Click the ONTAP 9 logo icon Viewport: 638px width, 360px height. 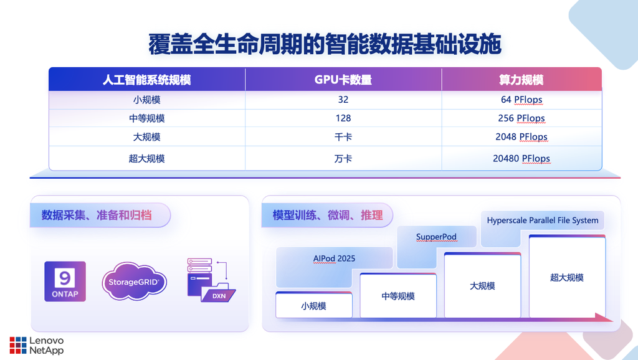(65, 282)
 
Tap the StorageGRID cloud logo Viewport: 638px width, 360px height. (135, 282)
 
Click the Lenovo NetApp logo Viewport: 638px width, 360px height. (37, 345)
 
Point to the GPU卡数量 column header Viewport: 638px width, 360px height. (343, 80)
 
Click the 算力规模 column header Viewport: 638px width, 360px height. (521, 80)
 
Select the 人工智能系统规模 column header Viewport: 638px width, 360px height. (146, 80)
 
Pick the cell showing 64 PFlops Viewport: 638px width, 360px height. (521, 100)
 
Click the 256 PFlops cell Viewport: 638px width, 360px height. (521, 118)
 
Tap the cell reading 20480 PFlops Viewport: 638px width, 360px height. (521, 158)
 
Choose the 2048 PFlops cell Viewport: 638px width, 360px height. (521, 137)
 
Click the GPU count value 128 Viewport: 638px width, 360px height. (343, 118)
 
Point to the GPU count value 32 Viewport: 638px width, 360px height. (343, 100)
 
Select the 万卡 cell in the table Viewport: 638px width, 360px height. (343, 158)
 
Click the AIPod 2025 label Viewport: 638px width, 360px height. (334, 258)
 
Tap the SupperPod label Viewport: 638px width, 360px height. (436, 237)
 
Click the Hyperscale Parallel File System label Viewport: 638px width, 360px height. (543, 220)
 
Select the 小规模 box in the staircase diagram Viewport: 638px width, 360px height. (314, 305)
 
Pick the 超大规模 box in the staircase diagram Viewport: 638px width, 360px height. (567, 277)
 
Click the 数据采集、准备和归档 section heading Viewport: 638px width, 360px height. (97, 215)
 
